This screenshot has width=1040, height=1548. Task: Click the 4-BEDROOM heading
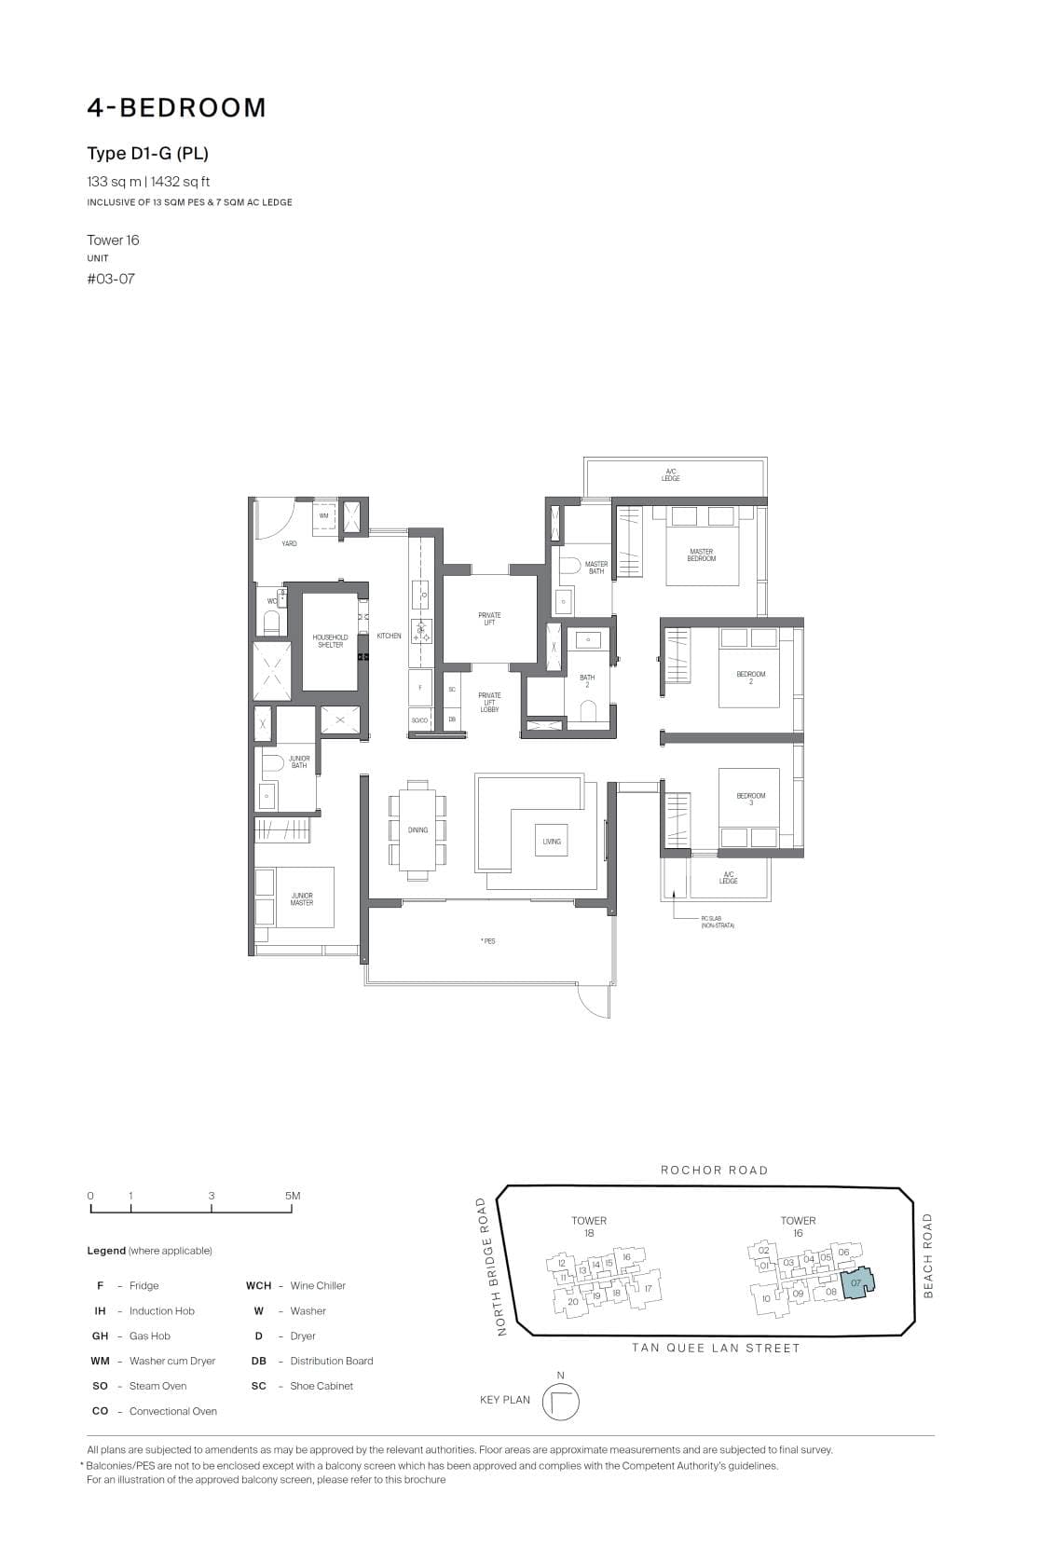[177, 108]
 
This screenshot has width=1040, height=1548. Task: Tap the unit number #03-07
[111, 279]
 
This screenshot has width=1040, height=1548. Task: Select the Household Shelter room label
[330, 641]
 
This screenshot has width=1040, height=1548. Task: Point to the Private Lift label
[489, 619]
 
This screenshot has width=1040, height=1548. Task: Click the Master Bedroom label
[702, 555]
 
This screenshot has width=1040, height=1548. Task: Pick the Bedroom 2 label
[751, 678]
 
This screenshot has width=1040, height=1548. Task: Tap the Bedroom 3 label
[751, 799]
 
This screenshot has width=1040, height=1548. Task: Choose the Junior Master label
[302, 899]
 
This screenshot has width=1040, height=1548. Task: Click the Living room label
[552, 842]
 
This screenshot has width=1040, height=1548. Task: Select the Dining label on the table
[417, 829]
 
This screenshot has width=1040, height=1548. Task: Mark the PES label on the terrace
[488, 940]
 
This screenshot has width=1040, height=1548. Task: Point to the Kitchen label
[389, 636]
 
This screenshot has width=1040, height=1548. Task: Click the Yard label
[289, 543]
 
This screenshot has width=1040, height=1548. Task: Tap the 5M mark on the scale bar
[293, 1196]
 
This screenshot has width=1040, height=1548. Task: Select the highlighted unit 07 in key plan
[856, 1283]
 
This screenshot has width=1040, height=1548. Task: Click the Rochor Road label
[715, 1170]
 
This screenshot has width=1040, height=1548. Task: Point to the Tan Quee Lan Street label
[716, 1348]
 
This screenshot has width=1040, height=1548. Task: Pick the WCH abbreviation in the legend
[259, 1285]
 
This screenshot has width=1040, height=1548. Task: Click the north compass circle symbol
[560, 1402]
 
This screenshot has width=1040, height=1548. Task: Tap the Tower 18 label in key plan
[589, 1226]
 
